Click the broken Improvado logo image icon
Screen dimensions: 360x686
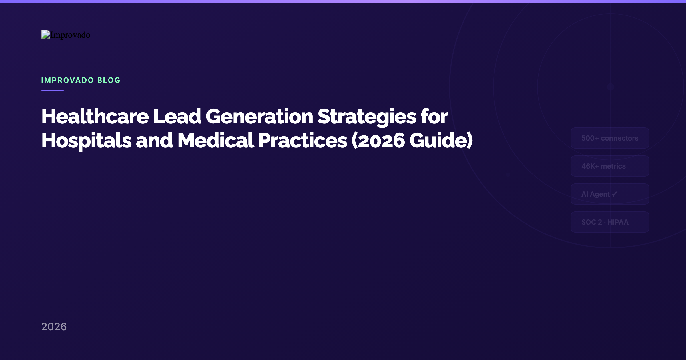pos(46,34)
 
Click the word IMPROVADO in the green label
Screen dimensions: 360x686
pos(67,80)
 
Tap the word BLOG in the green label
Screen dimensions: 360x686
pos(109,80)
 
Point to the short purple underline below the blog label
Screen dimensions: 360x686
pos(53,91)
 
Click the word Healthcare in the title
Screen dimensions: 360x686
pos(95,117)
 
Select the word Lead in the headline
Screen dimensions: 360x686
pos(177,117)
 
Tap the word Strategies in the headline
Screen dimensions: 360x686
pos(367,117)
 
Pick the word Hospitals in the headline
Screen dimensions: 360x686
pos(87,141)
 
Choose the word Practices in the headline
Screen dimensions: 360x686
pos(303,141)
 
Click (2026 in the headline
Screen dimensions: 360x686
pos(378,141)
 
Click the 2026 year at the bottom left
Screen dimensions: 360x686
pos(54,327)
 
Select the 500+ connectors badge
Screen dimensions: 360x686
pos(610,138)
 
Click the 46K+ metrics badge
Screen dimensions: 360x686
pos(610,166)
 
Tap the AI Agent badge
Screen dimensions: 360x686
pos(610,194)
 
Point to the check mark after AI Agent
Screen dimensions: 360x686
pos(615,194)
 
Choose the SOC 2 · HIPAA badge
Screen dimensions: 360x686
pos(610,222)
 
